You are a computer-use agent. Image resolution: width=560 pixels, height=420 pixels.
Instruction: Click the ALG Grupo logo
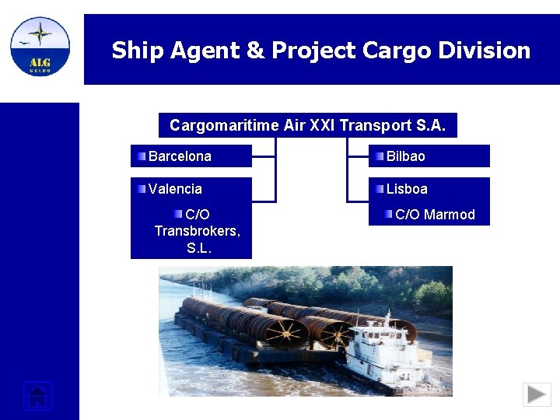click(40, 47)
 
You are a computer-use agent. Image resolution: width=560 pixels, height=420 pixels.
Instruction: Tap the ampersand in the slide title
click(255, 51)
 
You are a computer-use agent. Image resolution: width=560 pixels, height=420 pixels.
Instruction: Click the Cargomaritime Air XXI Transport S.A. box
click(307, 125)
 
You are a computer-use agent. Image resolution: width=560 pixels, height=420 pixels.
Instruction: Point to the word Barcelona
click(180, 156)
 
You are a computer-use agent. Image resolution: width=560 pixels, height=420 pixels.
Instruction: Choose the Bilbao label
click(406, 156)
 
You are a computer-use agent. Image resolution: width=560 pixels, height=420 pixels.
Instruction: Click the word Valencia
click(175, 189)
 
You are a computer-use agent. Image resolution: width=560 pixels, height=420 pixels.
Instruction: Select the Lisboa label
click(407, 189)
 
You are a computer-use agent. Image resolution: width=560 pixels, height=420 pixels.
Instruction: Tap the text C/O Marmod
click(435, 215)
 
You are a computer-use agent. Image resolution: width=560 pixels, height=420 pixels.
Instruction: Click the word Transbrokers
click(196, 231)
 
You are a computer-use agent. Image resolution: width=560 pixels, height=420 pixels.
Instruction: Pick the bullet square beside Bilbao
click(379, 156)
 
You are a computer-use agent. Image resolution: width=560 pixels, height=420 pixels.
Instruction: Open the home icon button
click(37, 396)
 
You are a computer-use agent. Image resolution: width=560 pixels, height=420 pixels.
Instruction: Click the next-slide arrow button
click(537, 394)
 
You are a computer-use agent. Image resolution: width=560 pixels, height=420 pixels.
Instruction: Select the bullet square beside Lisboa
click(379, 189)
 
